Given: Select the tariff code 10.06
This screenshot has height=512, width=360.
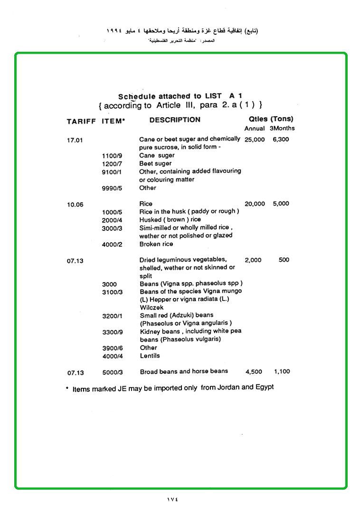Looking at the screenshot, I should (75, 205).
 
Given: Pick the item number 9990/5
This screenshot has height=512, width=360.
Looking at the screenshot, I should (112, 189).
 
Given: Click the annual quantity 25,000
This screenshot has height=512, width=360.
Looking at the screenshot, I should (255, 140).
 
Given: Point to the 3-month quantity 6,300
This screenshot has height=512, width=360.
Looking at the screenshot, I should (281, 140).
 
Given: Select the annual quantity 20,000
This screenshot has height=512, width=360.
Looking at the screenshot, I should (255, 204).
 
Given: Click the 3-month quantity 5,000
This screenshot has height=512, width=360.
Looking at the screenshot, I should (281, 204).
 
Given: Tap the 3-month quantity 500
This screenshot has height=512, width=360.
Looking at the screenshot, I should (284, 260).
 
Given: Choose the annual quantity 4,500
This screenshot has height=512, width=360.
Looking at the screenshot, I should (254, 372).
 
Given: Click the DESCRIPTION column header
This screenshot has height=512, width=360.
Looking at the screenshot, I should (175, 120).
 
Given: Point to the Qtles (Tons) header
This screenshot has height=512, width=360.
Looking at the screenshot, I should (271, 119).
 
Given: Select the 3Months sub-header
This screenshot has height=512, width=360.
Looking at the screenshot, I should (282, 128).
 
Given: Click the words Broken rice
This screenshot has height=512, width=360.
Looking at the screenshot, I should (156, 244).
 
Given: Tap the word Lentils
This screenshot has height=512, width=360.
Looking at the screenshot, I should (150, 356).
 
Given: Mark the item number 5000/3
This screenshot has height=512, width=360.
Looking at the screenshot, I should (112, 372).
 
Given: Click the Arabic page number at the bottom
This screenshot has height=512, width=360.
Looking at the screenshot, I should (172, 499).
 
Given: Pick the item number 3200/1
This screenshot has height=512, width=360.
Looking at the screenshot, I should (112, 316).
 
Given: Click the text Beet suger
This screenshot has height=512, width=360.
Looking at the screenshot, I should (155, 163).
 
